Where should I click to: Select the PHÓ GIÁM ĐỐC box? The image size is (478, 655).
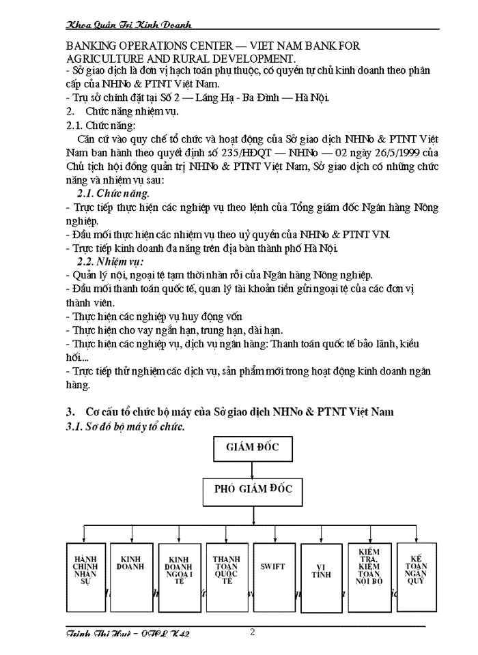253,489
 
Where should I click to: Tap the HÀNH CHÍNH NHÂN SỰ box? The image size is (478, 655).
86,571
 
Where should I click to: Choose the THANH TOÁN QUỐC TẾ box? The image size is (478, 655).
227,571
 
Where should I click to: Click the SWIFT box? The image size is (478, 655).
273,567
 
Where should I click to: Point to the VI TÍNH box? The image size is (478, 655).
321,571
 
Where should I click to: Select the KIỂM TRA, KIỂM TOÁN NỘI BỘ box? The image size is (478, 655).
369,571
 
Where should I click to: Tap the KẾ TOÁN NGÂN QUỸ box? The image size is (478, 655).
416,571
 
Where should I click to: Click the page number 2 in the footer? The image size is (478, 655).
252,631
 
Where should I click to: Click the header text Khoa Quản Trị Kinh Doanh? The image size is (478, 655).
128,25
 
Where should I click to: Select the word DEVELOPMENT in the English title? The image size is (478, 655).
239,59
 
